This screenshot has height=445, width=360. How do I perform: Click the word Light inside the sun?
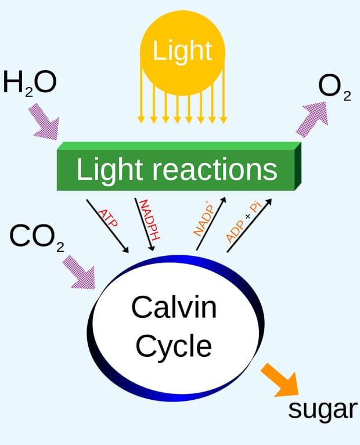182,50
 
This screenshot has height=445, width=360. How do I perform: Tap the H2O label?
30,84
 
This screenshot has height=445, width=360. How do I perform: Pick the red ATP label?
108,218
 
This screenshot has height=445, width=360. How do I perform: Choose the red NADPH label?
150,220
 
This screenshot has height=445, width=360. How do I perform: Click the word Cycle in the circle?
174,346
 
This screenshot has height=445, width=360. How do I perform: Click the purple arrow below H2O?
44,122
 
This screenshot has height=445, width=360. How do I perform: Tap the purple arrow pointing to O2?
312,119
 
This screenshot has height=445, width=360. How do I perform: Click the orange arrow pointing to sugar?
280,380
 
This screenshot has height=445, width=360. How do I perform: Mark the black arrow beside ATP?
107,226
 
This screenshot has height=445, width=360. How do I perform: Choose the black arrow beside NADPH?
145,225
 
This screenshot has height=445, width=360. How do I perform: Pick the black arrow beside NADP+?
211,223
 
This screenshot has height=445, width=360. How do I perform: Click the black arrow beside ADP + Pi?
249,225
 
